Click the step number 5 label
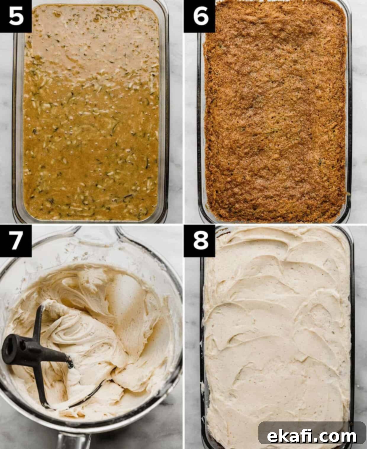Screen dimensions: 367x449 (x=16, y=16)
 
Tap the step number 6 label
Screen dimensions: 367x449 (x=200, y=16)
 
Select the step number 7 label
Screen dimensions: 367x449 (x=16, y=240)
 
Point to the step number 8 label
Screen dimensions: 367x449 (x=200, y=240)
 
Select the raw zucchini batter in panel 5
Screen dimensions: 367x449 (x=91, y=113)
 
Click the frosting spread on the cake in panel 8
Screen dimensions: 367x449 (x=276, y=336)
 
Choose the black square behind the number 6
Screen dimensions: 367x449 (x=199, y=16)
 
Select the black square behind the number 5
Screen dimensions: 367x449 (x=16, y=16)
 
